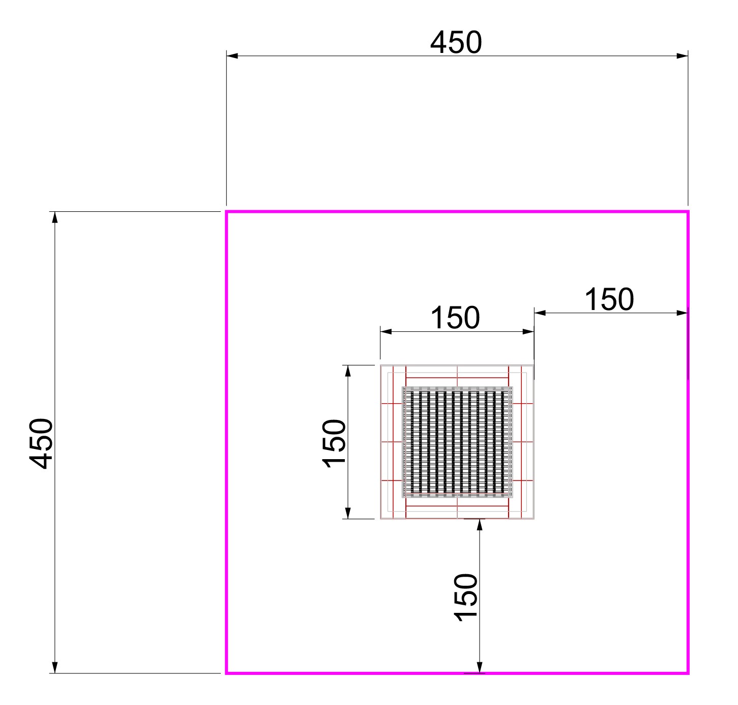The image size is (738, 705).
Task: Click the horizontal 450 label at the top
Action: pos(456,42)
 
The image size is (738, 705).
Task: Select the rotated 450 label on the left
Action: pos(41,443)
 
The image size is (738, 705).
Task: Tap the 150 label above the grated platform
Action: pos(455,318)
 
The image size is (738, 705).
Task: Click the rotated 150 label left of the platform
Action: pos(334,443)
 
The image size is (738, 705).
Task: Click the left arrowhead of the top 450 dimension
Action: pos(232,56)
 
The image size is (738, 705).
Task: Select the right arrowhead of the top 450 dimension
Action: pos(682,56)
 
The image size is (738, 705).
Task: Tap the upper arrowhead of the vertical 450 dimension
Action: pos(55,217)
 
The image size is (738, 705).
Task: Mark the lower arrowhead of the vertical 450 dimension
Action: pos(55,667)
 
